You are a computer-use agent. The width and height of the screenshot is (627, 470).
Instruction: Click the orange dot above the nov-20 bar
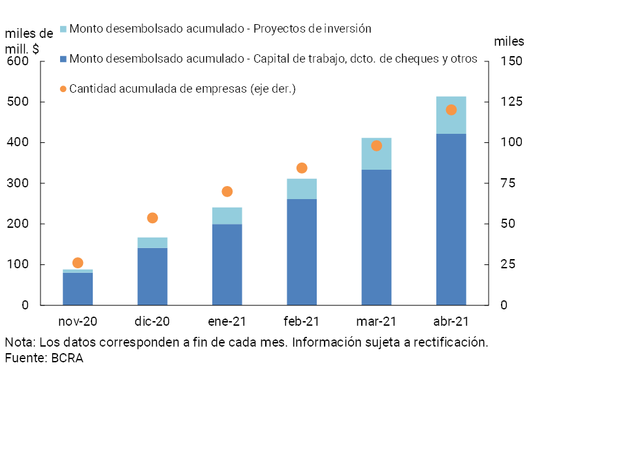[78, 263]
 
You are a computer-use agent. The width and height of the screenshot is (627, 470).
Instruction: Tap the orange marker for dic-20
[152, 218]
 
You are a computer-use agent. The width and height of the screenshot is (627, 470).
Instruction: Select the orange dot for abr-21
[451, 110]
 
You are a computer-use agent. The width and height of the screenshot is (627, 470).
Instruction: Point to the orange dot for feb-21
[302, 168]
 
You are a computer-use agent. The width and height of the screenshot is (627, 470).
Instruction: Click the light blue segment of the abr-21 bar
[451, 116]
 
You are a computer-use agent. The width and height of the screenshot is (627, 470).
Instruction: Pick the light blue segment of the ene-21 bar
[227, 216]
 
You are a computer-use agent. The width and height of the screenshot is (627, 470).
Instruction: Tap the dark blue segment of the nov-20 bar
[78, 289]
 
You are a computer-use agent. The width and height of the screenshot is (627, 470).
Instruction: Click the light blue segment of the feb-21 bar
[302, 189]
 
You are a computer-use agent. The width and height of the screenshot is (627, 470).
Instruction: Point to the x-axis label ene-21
[227, 321]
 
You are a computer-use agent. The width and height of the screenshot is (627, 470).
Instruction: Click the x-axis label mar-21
[376, 321]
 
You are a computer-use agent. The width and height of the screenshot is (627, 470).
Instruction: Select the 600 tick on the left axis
[18, 61]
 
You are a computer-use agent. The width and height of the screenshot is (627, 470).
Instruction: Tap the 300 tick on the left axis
[18, 183]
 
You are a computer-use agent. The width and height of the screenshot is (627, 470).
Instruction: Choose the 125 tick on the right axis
[511, 102]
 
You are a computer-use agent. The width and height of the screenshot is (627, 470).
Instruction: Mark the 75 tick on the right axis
[508, 183]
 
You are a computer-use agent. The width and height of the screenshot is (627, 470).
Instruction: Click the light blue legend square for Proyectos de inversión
[63, 29]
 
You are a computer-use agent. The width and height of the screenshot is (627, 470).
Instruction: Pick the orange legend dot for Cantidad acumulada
[63, 89]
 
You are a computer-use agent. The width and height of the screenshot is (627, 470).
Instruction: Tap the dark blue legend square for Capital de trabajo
[63, 59]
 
